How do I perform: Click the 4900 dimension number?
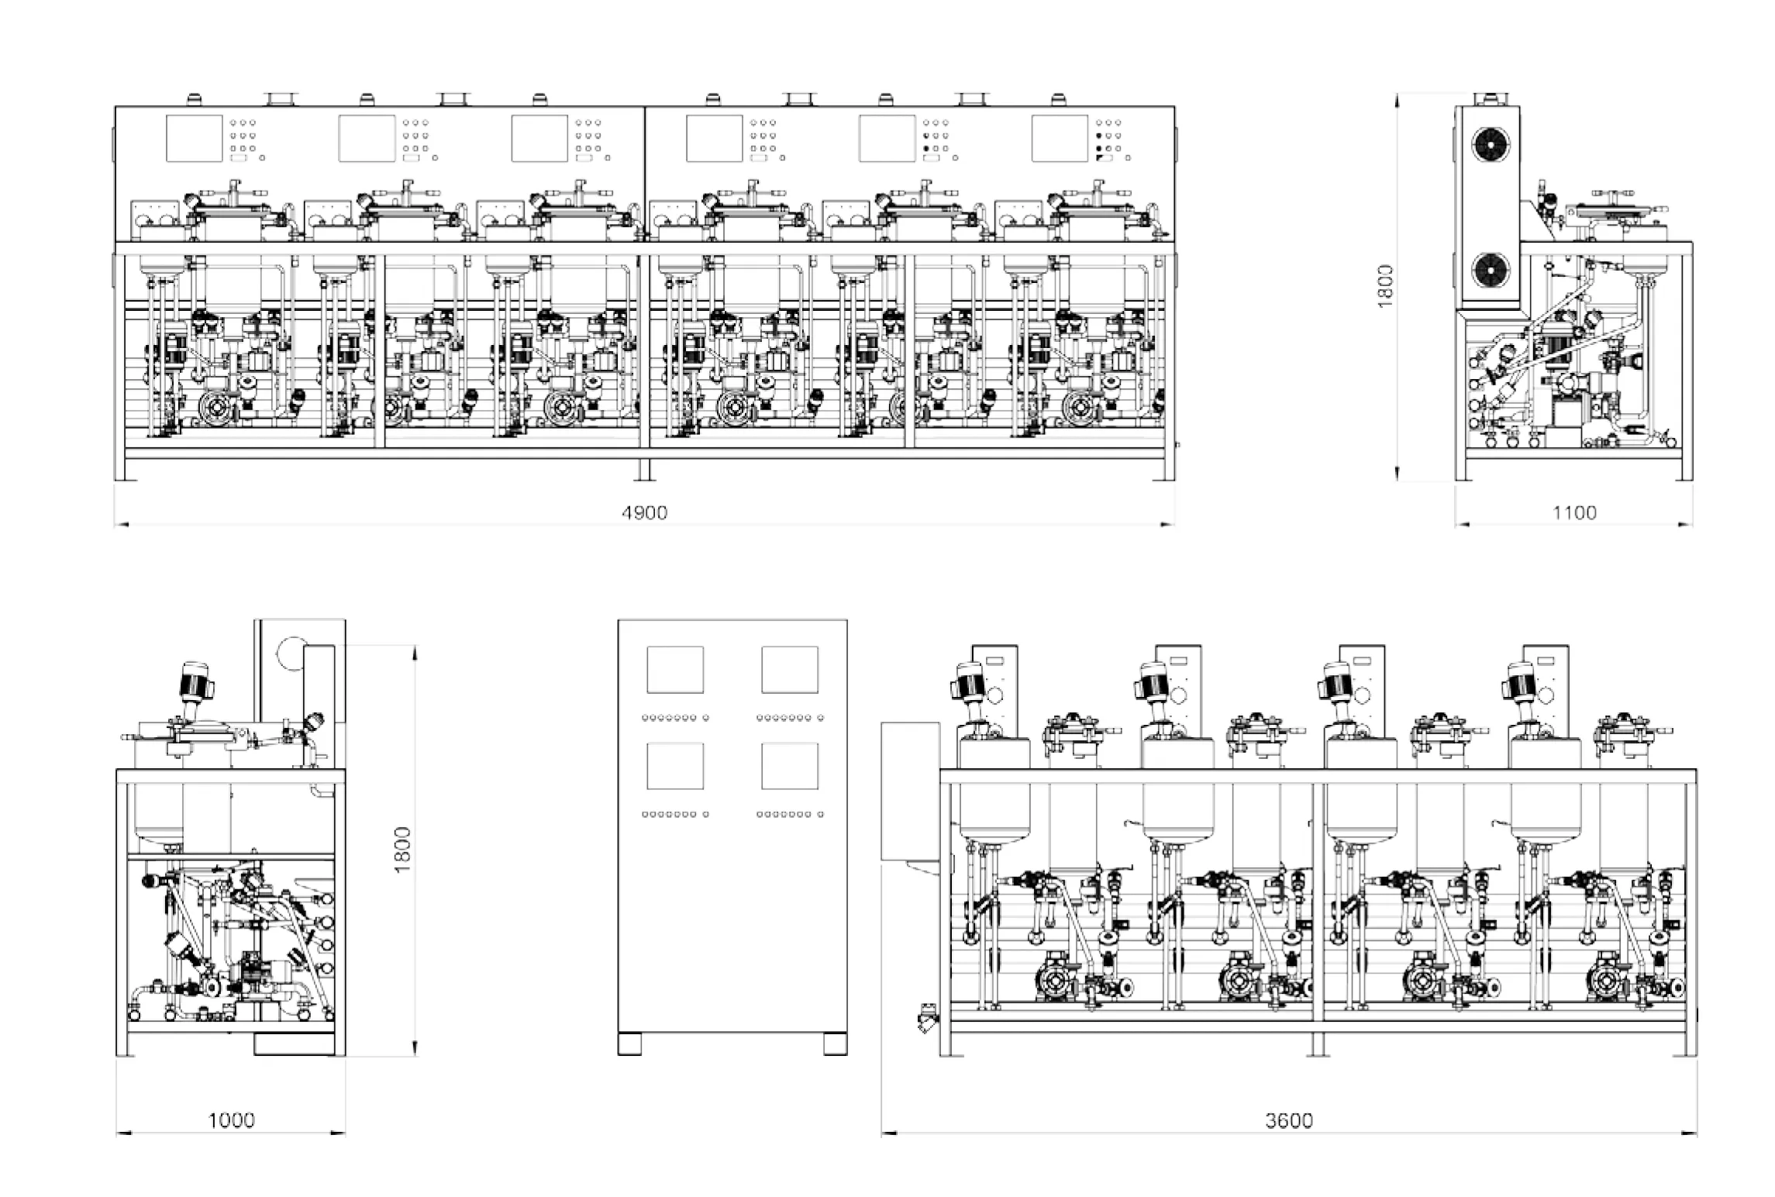pos(644,512)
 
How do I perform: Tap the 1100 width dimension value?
pos(1574,512)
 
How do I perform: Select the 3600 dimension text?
pos(1289,1120)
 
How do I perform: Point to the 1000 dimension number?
pos(232,1120)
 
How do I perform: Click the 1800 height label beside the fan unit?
pos(1386,287)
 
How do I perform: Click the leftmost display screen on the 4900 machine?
pos(195,139)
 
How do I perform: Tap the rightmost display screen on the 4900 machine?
pos(1060,139)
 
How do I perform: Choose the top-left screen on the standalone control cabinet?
pos(675,670)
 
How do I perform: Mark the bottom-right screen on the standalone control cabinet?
pos(790,766)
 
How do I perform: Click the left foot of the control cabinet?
pos(629,1044)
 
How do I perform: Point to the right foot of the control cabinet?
pos(835,1044)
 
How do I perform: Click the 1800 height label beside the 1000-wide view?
pos(402,850)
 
